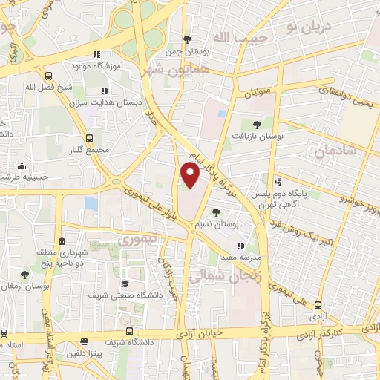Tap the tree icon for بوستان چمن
click(188, 39)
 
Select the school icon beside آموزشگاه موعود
click(96, 55)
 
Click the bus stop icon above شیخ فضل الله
click(49, 76)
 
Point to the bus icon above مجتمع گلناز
click(90, 137)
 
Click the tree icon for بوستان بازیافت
click(257, 125)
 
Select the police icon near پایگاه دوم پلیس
click(278, 182)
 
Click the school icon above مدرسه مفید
click(239, 246)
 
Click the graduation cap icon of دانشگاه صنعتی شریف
click(125, 284)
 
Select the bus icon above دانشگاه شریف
click(130, 331)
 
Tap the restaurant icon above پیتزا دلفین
click(84, 342)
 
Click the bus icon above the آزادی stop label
click(318, 305)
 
